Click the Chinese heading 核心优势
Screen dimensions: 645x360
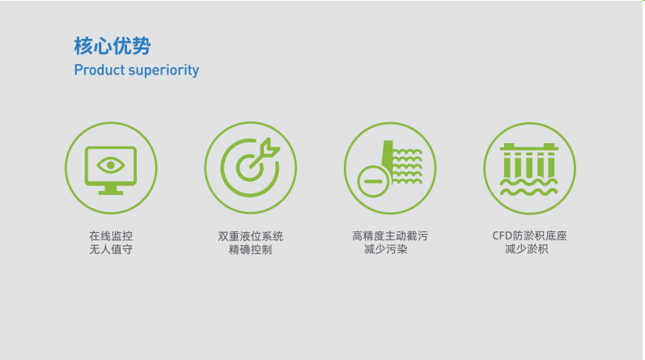click(112, 45)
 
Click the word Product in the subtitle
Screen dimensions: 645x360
click(99, 70)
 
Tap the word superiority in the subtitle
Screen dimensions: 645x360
click(163, 70)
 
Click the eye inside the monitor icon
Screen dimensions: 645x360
click(111, 165)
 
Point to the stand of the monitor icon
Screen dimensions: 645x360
click(111, 190)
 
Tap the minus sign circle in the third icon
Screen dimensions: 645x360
click(373, 181)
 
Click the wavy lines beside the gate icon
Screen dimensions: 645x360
click(407, 166)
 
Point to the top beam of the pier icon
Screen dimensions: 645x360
click(529, 147)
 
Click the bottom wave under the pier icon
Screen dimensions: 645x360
click(529, 192)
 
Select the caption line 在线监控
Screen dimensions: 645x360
click(111, 235)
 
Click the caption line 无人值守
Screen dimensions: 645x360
click(111, 249)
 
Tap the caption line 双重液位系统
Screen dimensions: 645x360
click(251, 236)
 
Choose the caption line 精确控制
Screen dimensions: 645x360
click(251, 250)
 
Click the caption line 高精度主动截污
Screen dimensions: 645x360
click(390, 235)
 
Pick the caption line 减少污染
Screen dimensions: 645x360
click(386, 249)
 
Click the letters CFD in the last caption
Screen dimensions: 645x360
click(502, 235)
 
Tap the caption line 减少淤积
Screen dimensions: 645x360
click(527, 249)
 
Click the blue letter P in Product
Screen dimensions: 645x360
click(79, 70)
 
